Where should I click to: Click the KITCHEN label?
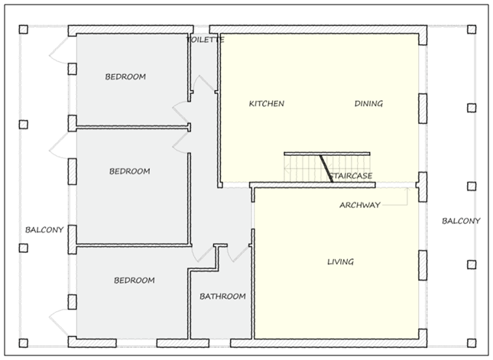[x=267, y=103]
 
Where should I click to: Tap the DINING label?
[x=368, y=103]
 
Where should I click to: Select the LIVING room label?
[x=340, y=261]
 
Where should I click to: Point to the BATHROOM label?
[x=222, y=296]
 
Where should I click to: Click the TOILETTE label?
[x=206, y=40]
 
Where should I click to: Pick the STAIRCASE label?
[x=351, y=176]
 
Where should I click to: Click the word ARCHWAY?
[x=360, y=205]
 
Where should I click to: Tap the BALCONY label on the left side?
[x=44, y=230]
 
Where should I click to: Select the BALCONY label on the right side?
[x=461, y=221]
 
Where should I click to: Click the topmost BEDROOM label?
[x=125, y=76]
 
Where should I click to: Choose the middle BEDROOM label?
[x=129, y=171]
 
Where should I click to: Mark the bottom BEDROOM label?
[x=135, y=281]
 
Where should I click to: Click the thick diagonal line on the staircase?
[x=326, y=168]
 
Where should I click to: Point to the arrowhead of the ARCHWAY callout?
[x=407, y=189]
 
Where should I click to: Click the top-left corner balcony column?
[x=23, y=30]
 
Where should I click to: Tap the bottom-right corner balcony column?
[x=472, y=342]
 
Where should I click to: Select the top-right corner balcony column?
[x=472, y=30]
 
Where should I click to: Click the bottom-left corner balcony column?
[x=23, y=342]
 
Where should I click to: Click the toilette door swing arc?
[x=204, y=83]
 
